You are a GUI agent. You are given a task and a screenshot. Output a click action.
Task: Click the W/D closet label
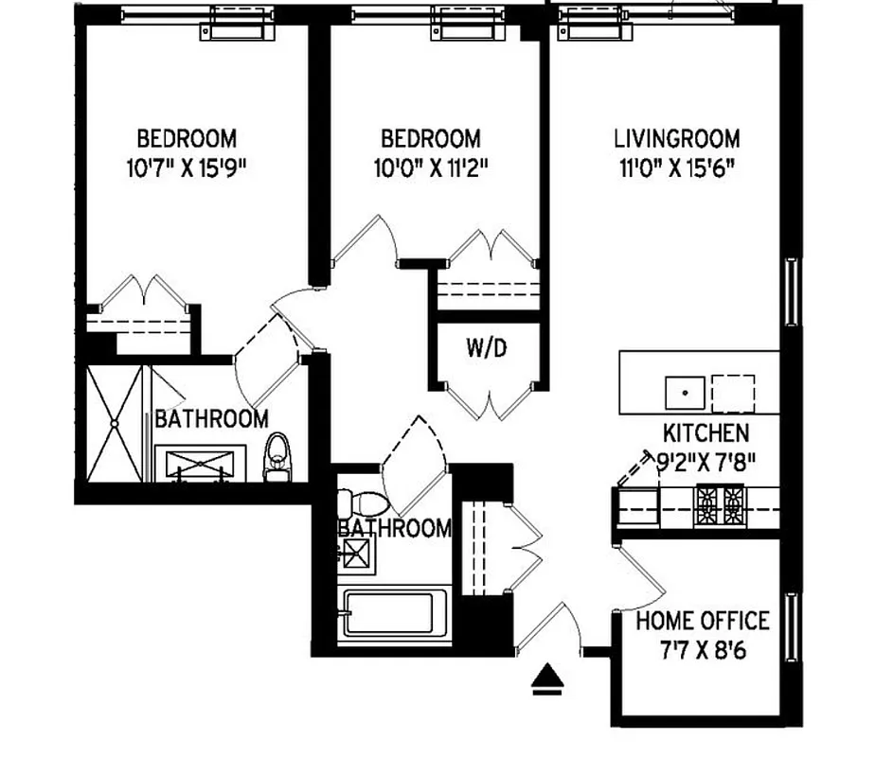coord(487,348)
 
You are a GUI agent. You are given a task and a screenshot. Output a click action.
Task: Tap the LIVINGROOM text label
coord(676,139)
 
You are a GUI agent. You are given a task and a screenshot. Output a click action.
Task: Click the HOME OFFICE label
coord(702,622)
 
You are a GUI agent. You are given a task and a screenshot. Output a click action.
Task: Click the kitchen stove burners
coord(722,505)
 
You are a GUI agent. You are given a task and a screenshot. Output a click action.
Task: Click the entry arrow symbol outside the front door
coord(547,679)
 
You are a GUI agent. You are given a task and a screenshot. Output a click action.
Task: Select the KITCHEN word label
coord(705,434)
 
